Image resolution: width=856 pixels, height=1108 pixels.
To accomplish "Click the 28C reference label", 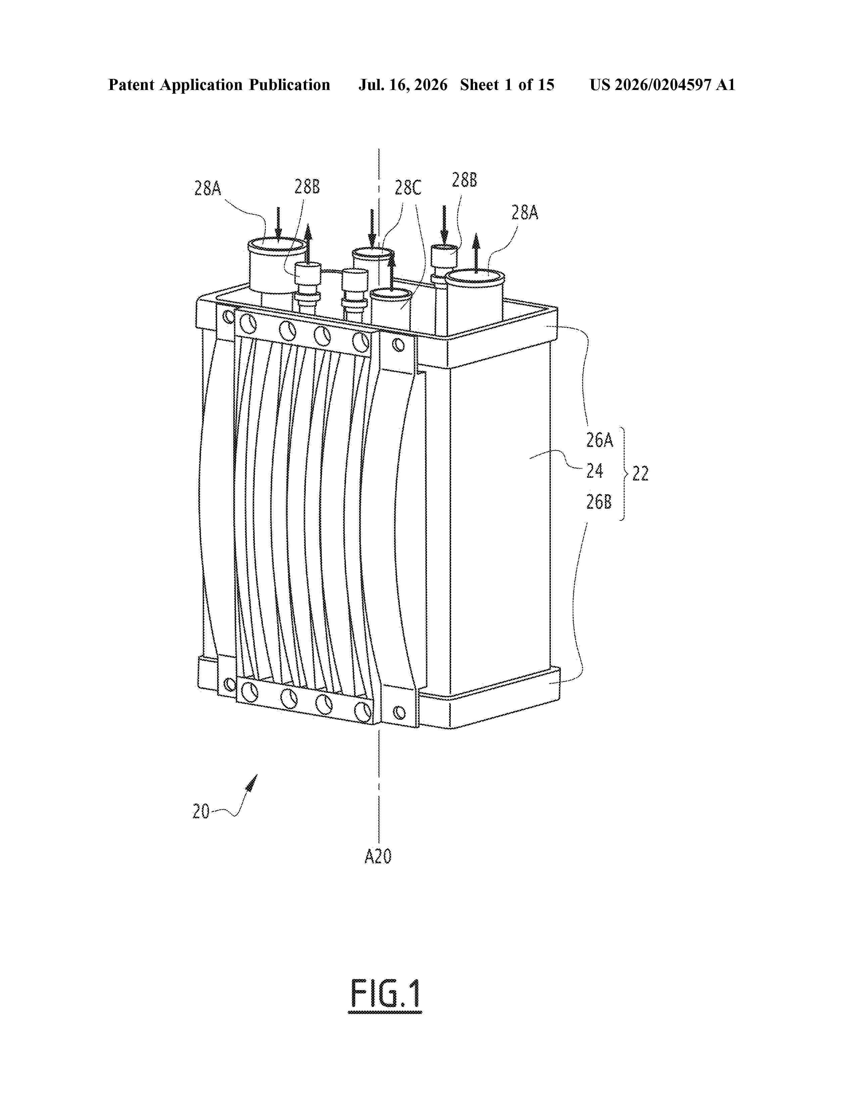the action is (408, 188).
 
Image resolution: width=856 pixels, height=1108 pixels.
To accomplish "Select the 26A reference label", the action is (600, 440).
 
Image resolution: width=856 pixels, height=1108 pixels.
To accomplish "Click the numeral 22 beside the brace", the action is (640, 473).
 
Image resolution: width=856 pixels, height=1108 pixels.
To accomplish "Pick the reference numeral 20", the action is (201, 811).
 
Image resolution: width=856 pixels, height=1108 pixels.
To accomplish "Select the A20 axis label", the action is (378, 857).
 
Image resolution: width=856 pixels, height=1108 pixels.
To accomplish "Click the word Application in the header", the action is (201, 86).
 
